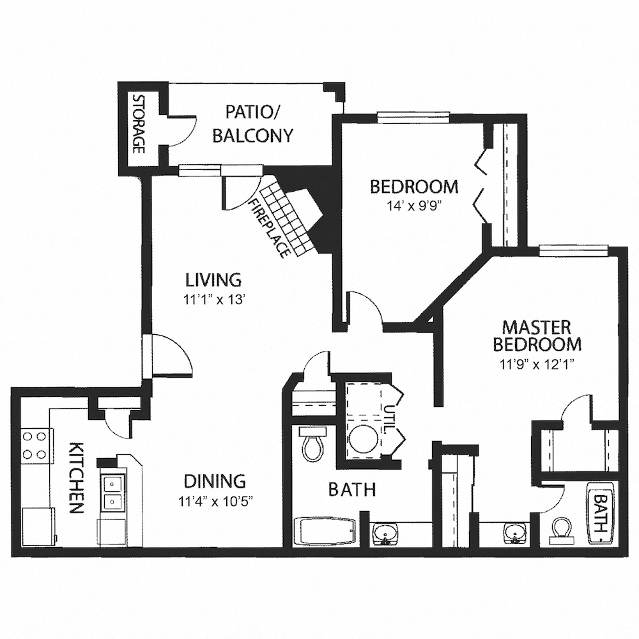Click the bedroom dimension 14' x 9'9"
[x=414, y=206]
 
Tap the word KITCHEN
[x=75, y=477]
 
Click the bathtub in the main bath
[x=324, y=531]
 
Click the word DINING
[x=214, y=481]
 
